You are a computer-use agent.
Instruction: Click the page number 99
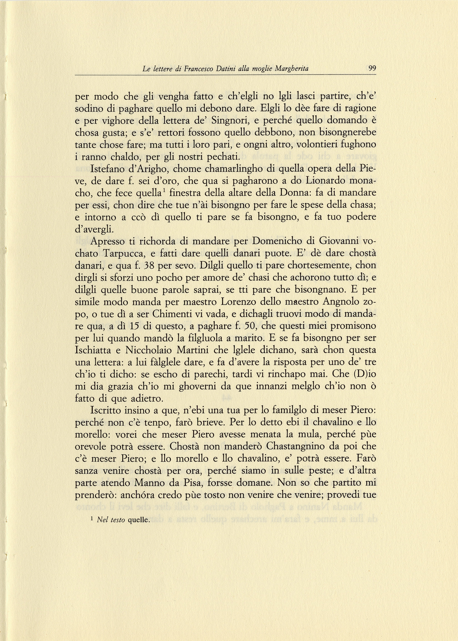(x=372, y=68)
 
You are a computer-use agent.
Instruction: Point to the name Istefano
(x=108, y=169)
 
